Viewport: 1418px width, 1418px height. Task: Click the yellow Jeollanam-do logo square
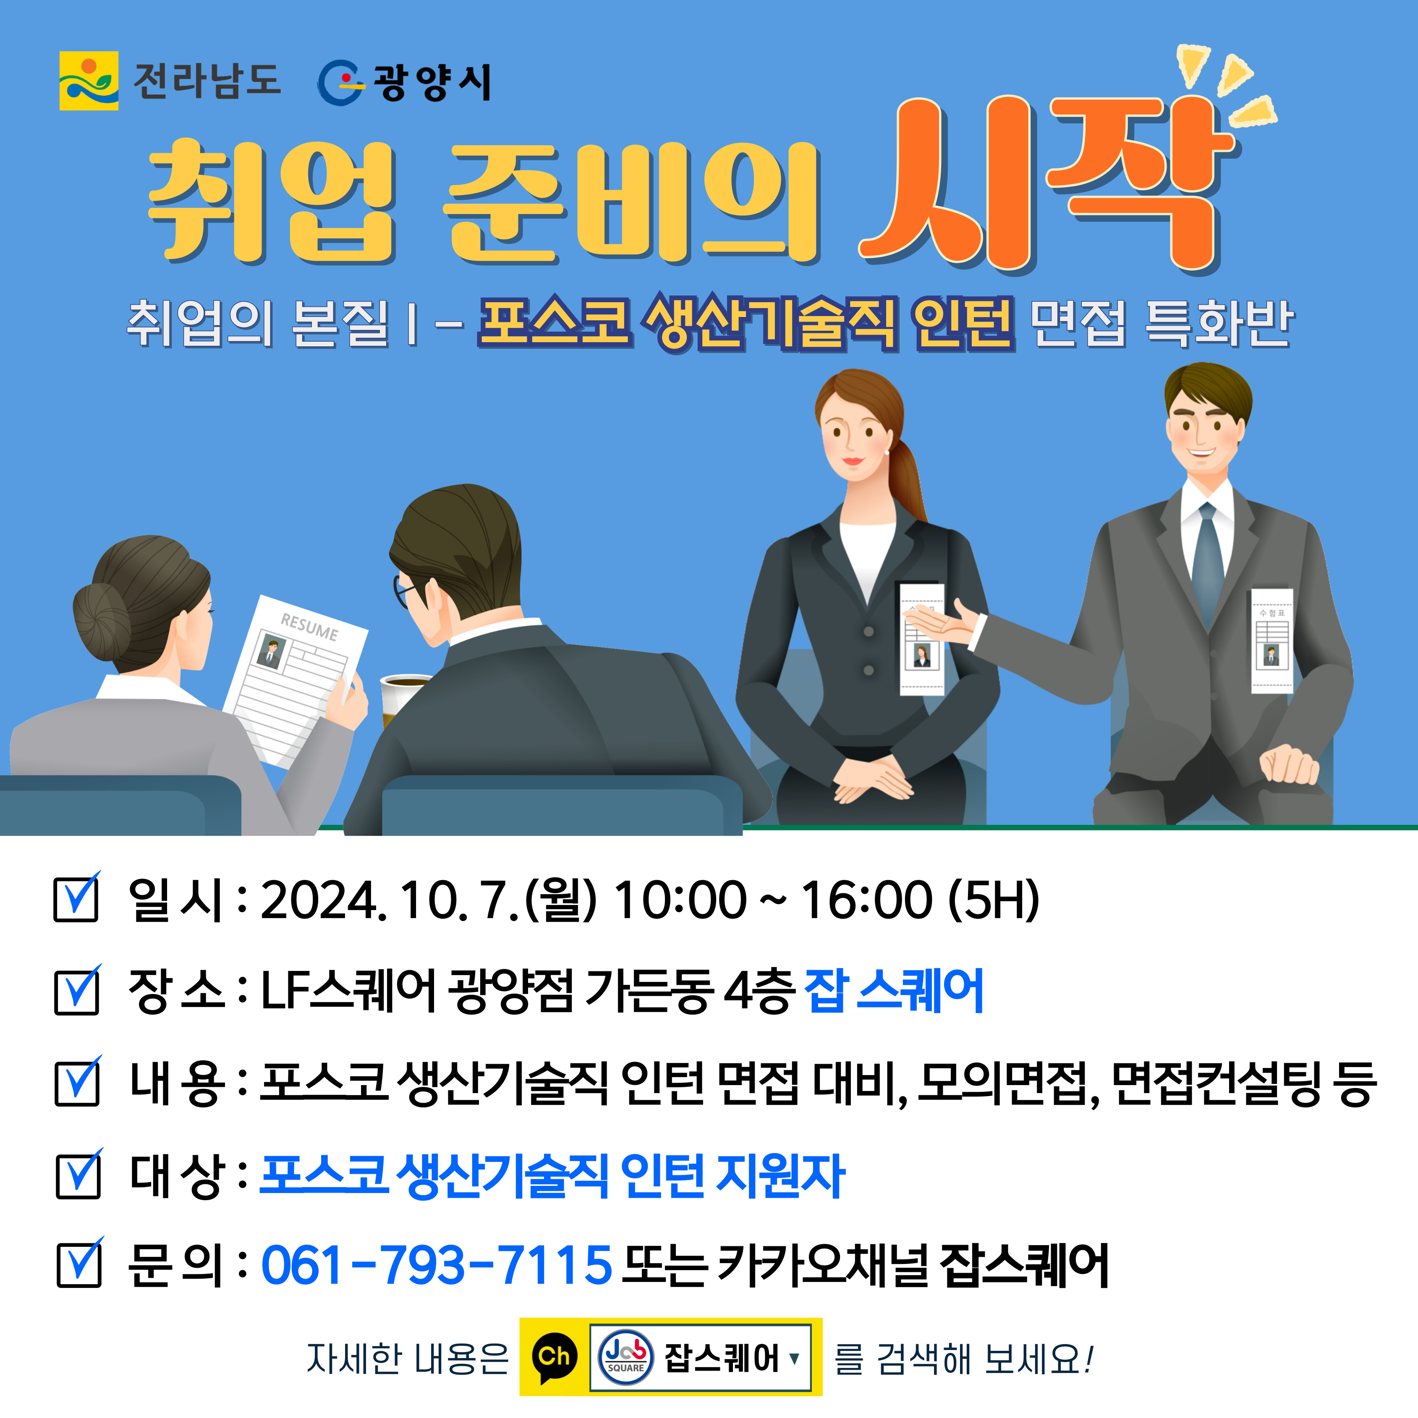tap(89, 81)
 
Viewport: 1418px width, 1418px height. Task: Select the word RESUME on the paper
tap(309, 628)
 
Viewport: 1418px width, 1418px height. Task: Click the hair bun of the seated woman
tap(101, 624)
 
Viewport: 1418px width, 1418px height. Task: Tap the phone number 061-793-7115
tap(437, 1265)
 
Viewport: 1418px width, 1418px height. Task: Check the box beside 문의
tap(79, 1262)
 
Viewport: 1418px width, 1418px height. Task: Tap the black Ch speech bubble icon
tap(554, 1358)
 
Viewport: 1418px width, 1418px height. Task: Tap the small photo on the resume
tap(272, 652)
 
